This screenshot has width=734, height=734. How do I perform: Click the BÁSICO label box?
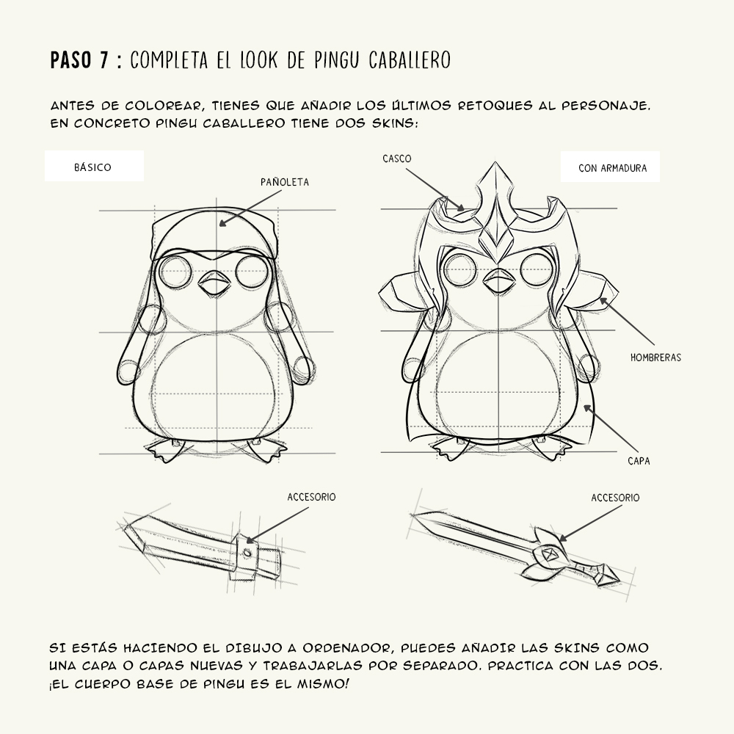[x=93, y=167]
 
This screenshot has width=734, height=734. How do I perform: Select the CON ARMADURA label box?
[x=612, y=167]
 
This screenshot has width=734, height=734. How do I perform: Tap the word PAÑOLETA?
[x=285, y=181]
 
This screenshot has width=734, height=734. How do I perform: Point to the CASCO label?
[x=396, y=159]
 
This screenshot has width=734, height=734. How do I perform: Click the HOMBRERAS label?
[x=655, y=357]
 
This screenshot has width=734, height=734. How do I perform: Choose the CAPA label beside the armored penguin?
[x=639, y=461]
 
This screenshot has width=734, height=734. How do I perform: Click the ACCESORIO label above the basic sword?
[x=311, y=497]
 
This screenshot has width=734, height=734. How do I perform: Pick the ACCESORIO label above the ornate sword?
[x=615, y=498]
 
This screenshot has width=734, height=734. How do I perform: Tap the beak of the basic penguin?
[x=215, y=283]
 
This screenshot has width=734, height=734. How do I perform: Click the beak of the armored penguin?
[x=498, y=280]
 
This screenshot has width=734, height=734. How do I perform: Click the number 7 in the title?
[x=105, y=60]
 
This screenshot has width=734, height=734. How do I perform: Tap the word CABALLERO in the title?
[x=407, y=60]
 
